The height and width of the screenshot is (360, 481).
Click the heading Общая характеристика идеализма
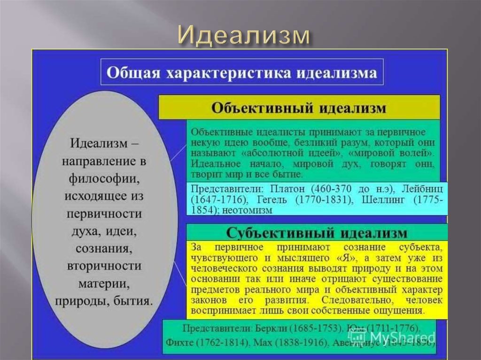pyautogui.click(x=242, y=73)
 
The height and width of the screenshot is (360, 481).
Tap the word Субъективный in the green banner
pyautogui.click(x=269, y=233)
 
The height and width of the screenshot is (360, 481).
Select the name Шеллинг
pyautogui.click(x=384, y=199)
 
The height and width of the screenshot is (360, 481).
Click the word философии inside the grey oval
pyautogui.click(x=104, y=178)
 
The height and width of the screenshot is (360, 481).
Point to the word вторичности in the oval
pyautogui.click(x=104, y=266)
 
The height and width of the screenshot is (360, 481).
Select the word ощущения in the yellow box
pyautogui.click(x=402, y=311)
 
